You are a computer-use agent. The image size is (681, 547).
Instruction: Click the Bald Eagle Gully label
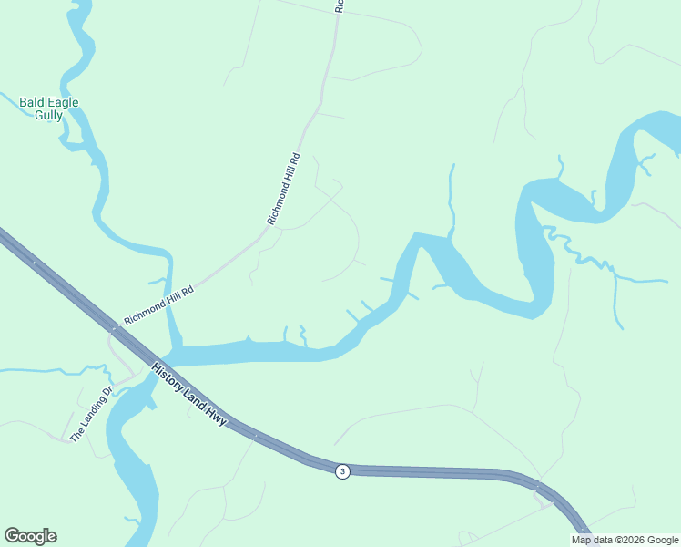(x=48, y=108)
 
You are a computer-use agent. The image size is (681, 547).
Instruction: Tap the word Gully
(x=48, y=116)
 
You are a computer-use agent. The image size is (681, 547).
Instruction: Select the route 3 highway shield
(x=341, y=470)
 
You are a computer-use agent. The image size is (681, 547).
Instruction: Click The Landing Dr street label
(x=91, y=415)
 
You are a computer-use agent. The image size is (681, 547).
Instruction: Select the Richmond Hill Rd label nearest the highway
(x=159, y=304)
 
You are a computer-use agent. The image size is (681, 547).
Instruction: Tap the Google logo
(x=30, y=536)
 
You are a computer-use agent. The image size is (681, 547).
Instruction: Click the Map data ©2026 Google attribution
(x=625, y=540)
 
